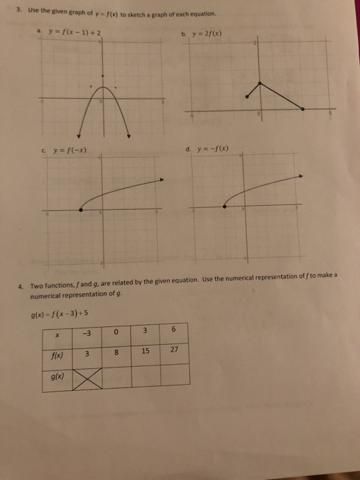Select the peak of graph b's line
click(x=259, y=82)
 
